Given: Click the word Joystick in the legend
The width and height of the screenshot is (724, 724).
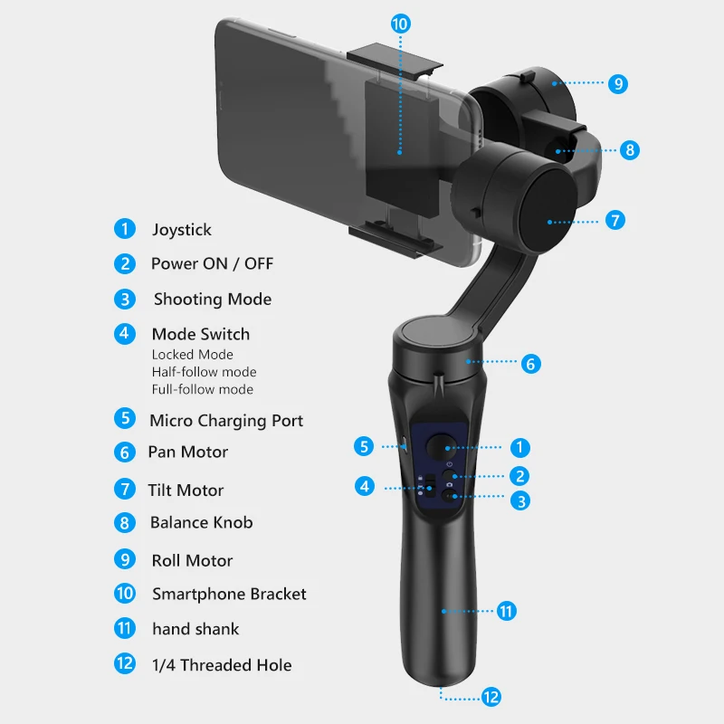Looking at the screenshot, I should pos(181,230).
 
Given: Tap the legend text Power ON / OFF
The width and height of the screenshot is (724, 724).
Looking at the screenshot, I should pos(212,264).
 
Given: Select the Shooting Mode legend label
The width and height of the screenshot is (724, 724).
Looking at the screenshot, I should pos(212,300).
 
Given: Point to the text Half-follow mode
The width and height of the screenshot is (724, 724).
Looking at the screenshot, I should pos(204,372).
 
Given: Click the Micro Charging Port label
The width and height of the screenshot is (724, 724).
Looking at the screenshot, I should pos(226,421).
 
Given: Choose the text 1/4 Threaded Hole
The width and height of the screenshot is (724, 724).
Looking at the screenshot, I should pos(222,665).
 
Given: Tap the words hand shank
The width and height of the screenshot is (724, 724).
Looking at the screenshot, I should pos(195,629).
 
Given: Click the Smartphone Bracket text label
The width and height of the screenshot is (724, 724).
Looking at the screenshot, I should pos(229,595).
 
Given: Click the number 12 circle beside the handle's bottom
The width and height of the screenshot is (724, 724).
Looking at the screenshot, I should pos(491,697).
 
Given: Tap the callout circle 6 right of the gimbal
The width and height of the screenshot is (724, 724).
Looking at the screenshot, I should pos(531,364).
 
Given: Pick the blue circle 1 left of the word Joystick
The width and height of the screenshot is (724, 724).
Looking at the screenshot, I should pos(125,229).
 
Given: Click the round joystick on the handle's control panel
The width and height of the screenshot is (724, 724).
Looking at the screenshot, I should pos(442,446).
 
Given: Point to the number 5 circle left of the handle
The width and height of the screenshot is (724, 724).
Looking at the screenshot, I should pos(364,446).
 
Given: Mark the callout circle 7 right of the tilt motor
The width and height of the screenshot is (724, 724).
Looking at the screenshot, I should pos(614,220).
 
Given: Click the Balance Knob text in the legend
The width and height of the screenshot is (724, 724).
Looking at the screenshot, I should pos(201,523).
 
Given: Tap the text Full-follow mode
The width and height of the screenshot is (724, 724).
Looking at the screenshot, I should pos(202,389).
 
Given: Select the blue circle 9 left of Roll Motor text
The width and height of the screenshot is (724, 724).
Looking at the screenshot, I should pos(125,560).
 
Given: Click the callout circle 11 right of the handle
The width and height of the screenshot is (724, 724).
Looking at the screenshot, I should pos(507,611).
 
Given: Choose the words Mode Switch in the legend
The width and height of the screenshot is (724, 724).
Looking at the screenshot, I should pos(200,335).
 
